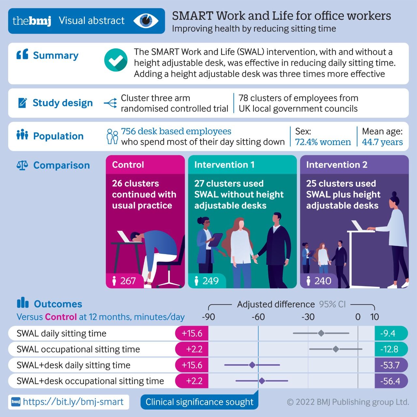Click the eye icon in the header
point(146,21)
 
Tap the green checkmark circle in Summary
point(116,60)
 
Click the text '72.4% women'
point(323,142)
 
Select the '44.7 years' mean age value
point(382,142)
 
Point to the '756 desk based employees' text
point(176,131)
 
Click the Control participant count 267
point(128,281)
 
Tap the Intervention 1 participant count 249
point(210,281)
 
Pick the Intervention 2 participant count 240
point(323,281)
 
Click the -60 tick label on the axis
point(258,317)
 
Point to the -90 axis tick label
point(208,317)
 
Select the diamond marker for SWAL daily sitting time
point(321,333)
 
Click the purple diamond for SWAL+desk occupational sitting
point(262,381)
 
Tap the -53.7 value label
point(390,365)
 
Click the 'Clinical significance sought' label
point(199,402)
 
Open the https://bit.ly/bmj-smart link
point(73,402)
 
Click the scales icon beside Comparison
point(22,165)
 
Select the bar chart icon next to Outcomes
point(22,303)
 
